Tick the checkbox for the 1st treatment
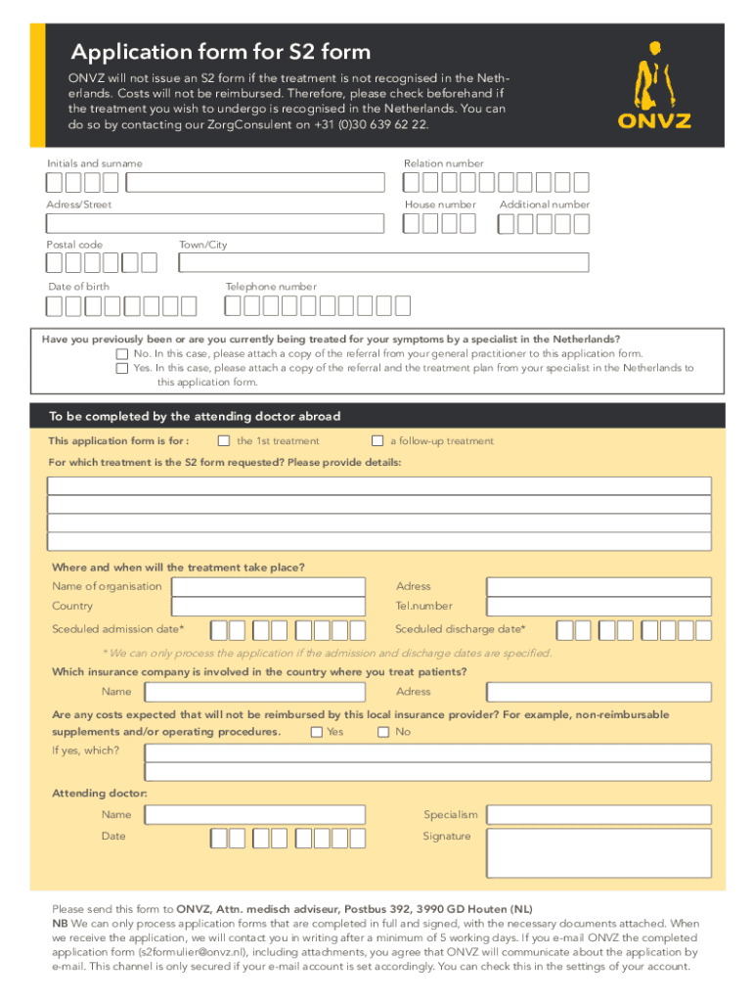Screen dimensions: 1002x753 coord(224,440)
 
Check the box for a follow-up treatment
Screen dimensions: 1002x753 coord(377,440)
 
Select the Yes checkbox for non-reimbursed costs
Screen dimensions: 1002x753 coord(317,732)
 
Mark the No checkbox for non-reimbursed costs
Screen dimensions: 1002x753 coord(383,732)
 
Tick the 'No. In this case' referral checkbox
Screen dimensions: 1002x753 coord(122,354)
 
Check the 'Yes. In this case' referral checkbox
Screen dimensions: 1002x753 coord(122,369)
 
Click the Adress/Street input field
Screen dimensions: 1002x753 coord(215,224)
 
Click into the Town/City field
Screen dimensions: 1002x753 coord(383,262)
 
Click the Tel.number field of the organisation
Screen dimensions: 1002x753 coord(598,608)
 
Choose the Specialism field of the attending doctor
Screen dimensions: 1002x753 coord(598,815)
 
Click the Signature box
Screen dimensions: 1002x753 coord(598,853)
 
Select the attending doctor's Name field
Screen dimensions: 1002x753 coord(254,815)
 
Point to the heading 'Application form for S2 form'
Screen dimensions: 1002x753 coord(220,52)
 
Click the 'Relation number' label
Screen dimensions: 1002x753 coord(443,163)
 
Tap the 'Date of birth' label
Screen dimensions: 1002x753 coord(79,287)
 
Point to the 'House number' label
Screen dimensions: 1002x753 coord(440,205)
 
